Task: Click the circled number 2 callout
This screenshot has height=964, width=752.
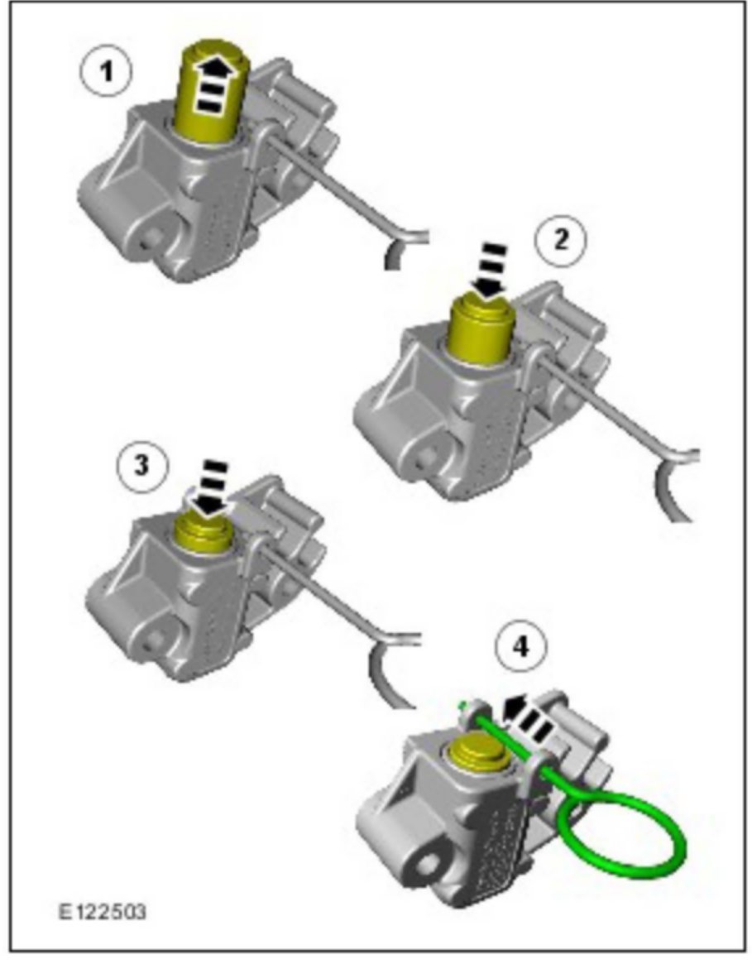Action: click(x=560, y=240)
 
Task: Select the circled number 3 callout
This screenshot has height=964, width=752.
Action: click(x=142, y=465)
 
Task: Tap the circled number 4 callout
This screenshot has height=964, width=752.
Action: click(x=521, y=647)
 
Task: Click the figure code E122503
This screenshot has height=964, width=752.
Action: click(x=103, y=911)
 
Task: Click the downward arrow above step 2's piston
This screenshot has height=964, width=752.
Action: click(x=490, y=271)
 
